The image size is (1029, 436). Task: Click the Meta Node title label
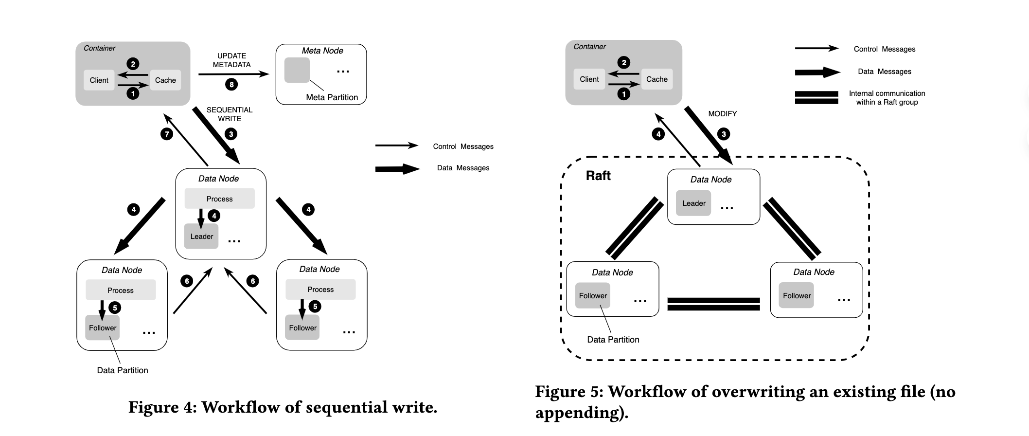(322, 51)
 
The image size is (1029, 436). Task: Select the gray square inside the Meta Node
(297, 70)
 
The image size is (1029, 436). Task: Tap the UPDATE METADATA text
(231, 60)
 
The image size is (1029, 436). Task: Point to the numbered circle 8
(231, 85)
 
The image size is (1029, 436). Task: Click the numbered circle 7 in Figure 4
(167, 134)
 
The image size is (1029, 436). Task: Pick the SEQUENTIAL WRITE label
(230, 114)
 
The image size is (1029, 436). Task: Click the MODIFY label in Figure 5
(722, 114)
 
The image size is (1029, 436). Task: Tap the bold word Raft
(598, 176)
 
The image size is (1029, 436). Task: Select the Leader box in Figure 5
(693, 203)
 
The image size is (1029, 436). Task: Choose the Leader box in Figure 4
(201, 236)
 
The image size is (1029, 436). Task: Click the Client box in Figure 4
(99, 80)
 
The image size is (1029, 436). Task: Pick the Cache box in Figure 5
(656, 79)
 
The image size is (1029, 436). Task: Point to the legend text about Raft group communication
(887, 98)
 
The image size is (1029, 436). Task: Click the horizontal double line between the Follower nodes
(713, 304)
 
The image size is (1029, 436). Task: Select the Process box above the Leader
(219, 199)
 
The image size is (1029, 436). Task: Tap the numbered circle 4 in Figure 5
(658, 134)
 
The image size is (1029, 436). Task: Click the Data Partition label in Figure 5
(613, 340)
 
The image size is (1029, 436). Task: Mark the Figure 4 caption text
(283, 407)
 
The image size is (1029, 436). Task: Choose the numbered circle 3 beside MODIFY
(724, 134)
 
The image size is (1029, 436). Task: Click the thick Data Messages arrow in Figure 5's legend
(817, 72)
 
